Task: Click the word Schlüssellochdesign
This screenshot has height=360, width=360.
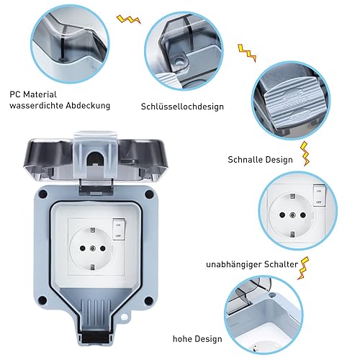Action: [x=182, y=107]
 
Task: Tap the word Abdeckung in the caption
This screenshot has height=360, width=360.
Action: [x=88, y=105]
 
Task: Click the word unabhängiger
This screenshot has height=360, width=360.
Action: [x=233, y=264]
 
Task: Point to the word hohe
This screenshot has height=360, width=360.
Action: [x=182, y=339]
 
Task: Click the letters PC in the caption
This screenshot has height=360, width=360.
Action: [x=14, y=94]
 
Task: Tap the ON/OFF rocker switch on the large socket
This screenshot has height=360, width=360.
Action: [x=119, y=229]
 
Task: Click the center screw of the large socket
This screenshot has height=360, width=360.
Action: [x=92, y=248]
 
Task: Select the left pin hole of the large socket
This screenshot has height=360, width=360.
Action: [x=82, y=248]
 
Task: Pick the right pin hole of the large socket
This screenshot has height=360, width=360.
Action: [x=103, y=248]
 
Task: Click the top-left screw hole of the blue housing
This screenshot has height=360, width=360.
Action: [x=43, y=194]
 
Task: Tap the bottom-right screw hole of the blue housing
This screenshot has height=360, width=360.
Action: [x=148, y=300]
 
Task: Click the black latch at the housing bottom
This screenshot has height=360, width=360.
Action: [x=96, y=336]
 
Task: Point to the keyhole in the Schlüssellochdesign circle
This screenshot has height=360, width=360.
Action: [x=179, y=62]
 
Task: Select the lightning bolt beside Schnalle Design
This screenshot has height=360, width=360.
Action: [x=305, y=153]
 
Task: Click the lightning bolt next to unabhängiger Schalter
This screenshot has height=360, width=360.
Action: [x=303, y=269]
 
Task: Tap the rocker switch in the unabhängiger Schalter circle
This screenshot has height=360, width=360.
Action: [x=319, y=196]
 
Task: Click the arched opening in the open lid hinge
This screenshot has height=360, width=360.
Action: [x=95, y=158]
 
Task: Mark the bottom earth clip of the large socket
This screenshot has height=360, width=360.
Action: [x=92, y=267]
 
